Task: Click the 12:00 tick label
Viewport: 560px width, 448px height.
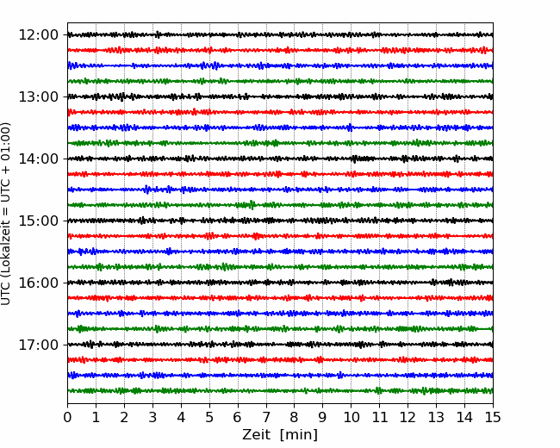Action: (38, 35)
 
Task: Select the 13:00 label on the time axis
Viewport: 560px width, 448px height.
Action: (38, 96)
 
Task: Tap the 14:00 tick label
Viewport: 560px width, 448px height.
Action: (38, 159)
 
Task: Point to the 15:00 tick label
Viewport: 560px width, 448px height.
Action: (38, 221)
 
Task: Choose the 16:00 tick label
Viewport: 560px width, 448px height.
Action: (38, 283)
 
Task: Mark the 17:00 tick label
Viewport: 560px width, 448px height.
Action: (38, 345)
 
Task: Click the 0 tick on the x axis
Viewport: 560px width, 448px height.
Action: (67, 417)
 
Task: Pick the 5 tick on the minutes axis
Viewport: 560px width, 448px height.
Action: (209, 417)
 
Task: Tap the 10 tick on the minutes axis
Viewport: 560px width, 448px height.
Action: (351, 417)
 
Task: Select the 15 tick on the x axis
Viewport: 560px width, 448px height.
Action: (493, 417)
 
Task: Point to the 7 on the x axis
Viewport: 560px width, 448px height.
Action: (266, 417)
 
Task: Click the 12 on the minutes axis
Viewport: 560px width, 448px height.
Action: (408, 417)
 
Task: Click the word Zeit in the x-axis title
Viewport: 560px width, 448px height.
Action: (256, 435)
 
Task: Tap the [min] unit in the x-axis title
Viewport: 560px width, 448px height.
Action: (299, 435)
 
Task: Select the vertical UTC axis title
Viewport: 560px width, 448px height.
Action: (6, 214)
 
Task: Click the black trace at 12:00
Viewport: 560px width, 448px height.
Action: (280, 34)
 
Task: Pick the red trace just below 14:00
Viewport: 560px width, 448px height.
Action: (280, 174)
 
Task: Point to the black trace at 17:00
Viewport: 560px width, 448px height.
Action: (280, 345)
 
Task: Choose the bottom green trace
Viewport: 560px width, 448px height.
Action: (280, 391)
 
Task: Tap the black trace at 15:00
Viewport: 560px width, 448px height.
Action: (280, 221)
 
